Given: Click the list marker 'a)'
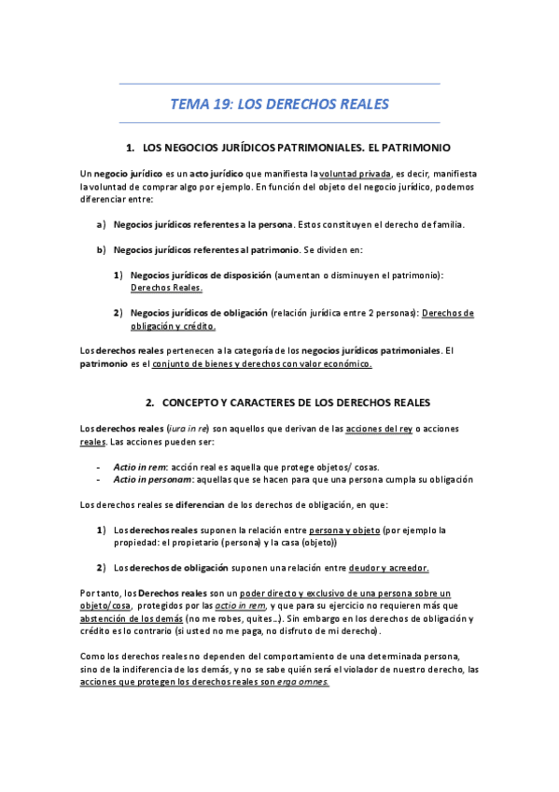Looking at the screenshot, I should click(x=101, y=225).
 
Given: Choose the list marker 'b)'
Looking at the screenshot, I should click(x=101, y=251).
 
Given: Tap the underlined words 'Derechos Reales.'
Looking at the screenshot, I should click(x=166, y=289).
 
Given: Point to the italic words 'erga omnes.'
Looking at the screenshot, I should click(x=311, y=682).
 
